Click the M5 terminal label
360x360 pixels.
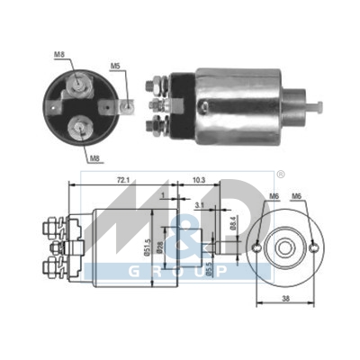[x=116, y=66]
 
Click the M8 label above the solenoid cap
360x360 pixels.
[x=59, y=55]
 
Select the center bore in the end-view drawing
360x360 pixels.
[x=286, y=247]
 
